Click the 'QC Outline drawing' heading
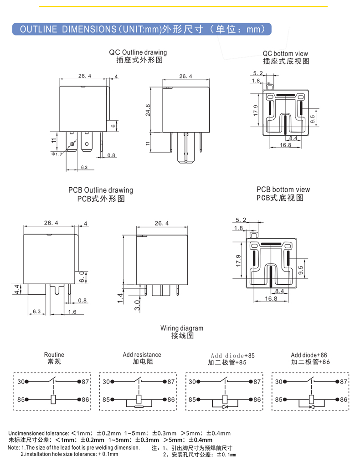[138, 52]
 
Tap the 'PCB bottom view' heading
[283, 189]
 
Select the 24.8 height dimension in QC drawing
[148, 110]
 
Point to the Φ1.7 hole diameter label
[57, 154]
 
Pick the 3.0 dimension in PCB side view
[137, 305]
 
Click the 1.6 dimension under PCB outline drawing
[72, 312]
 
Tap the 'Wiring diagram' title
[181, 328]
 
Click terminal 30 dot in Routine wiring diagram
[27, 382]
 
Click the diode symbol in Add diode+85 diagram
[225, 406]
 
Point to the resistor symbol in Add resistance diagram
[139, 406]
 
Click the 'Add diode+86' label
[309, 354]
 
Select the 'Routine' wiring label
[54, 354]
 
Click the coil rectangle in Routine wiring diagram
[54, 399]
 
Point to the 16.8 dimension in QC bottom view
[285, 145]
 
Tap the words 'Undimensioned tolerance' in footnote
[38, 433]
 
